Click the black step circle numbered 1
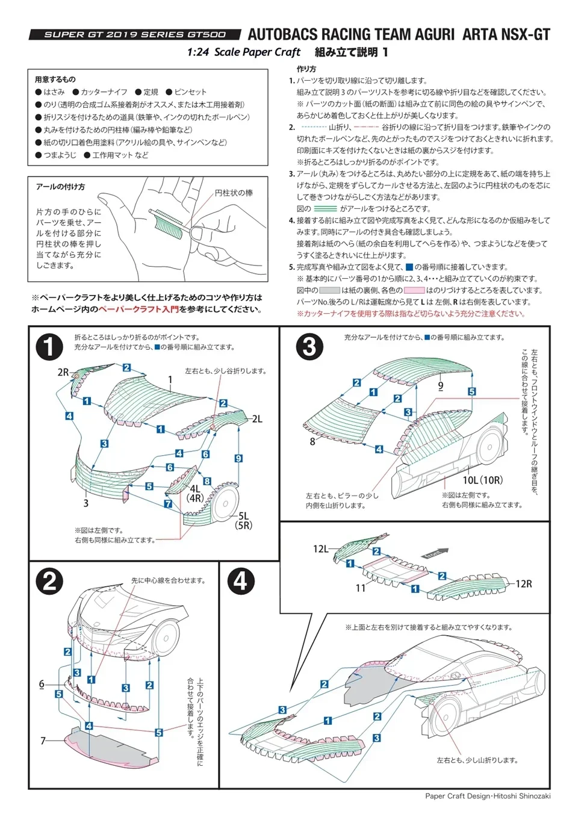tap(49, 347)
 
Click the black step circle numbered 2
tap(49, 581)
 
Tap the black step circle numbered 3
tap(309, 347)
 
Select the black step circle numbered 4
tap(240, 581)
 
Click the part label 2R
tap(63, 372)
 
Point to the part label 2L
tap(257, 419)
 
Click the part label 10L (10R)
tap(482, 480)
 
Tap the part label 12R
tap(523, 583)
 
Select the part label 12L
tap(321, 548)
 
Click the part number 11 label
tap(360, 588)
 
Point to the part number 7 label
tap(43, 741)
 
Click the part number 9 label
tap(441, 386)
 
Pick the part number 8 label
tap(312, 441)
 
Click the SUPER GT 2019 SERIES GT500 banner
tap(135, 35)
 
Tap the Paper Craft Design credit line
tap(488, 796)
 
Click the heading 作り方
tap(306, 69)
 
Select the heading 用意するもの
tap(55, 79)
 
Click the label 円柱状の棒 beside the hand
tap(234, 193)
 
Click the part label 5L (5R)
tap(243, 520)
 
